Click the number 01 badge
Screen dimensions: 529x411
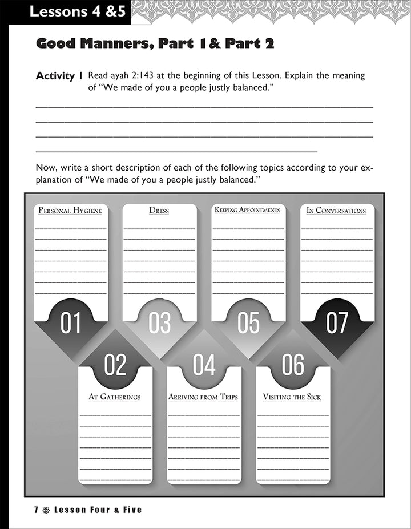(71, 323)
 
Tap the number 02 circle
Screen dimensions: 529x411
(115, 365)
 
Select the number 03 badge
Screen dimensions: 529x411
(160, 323)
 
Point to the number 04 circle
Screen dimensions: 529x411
(204, 365)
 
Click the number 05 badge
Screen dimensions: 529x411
(248, 323)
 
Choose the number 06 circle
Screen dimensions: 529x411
(293, 365)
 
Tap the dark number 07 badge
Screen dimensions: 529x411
(337, 323)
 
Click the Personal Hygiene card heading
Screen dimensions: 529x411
(70, 211)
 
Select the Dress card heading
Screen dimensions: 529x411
(159, 211)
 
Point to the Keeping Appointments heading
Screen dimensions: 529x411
(248, 210)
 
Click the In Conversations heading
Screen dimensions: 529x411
(336, 211)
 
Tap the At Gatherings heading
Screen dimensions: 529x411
(115, 397)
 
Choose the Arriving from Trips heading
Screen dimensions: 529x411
(203, 397)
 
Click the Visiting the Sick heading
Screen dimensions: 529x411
(292, 397)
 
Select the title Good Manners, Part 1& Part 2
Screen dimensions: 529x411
(155, 43)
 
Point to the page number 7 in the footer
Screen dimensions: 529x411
(36, 510)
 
